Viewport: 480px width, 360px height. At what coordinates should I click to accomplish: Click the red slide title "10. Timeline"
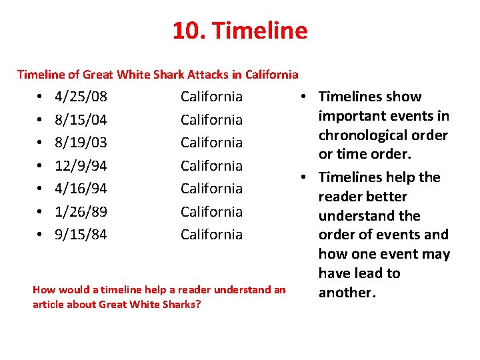tap(240, 31)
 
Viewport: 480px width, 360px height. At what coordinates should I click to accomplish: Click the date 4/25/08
tap(81, 97)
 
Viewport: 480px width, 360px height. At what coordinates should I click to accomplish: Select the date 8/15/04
tap(81, 120)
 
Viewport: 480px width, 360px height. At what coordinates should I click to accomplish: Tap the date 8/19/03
tap(81, 143)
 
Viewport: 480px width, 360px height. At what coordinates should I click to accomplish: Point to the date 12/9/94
tap(81, 165)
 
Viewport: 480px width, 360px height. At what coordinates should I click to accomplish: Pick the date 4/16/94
tap(81, 189)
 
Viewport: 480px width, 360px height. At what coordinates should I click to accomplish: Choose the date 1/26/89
tap(81, 211)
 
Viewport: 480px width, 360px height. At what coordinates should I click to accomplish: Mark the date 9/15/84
tap(81, 235)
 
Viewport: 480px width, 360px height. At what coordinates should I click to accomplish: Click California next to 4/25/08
tap(211, 97)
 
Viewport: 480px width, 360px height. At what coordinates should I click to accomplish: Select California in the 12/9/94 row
tap(211, 165)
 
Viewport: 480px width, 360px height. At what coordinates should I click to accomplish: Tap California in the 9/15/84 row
tap(211, 235)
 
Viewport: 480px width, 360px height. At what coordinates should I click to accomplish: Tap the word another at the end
tap(345, 293)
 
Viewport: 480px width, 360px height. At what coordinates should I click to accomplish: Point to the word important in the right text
tap(356, 116)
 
